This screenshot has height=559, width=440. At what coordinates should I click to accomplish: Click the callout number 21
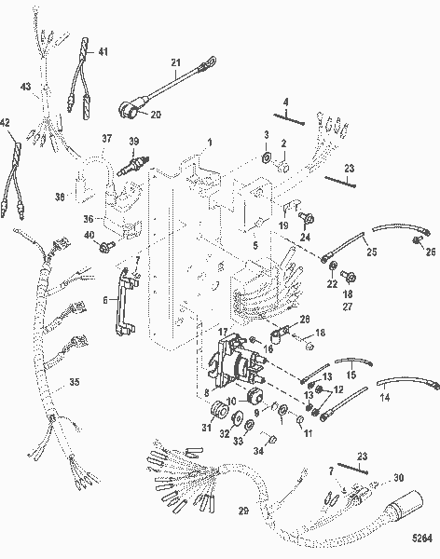click(174, 63)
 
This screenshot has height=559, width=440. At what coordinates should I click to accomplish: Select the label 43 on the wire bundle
click(26, 87)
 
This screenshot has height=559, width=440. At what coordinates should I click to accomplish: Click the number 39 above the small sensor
click(134, 141)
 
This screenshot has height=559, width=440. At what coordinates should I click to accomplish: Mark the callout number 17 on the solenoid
click(222, 332)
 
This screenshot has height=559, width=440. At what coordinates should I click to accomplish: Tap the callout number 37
click(106, 139)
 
